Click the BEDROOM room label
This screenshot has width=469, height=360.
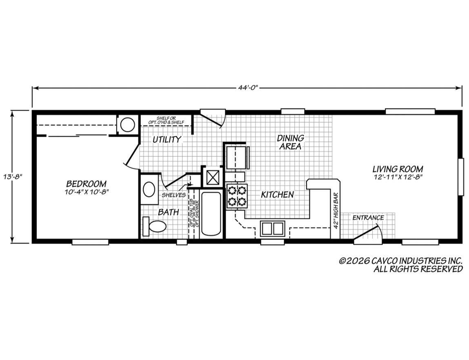[87, 184]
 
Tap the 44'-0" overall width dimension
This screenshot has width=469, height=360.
[247, 88]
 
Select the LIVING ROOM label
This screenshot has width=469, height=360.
[398, 169]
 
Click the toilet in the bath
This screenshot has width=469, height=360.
[155, 226]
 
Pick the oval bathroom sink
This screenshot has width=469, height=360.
[149, 190]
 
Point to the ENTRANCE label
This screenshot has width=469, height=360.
[368, 218]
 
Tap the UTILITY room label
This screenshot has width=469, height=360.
[167, 140]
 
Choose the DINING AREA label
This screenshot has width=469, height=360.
[291, 142]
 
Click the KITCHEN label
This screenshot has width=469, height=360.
[277, 195]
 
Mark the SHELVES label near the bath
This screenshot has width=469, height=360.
[173, 195]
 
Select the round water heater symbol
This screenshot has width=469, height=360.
[127, 124]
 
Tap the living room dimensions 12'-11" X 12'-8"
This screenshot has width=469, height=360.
[398, 177]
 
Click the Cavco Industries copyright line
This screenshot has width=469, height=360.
[401, 261]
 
